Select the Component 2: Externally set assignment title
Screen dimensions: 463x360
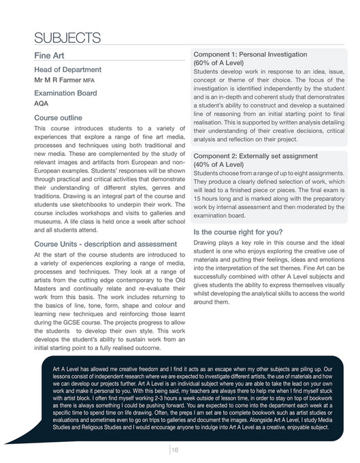point(261,156)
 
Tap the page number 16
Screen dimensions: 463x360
point(175,449)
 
